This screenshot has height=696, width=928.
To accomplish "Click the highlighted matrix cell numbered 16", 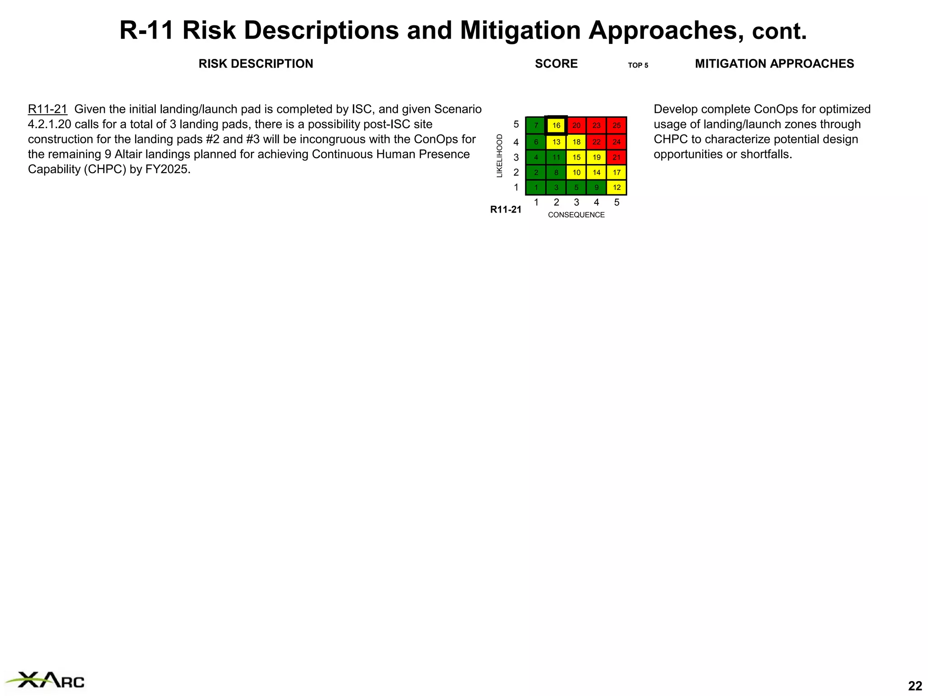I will pos(556,126).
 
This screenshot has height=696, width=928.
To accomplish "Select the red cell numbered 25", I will pos(616,126).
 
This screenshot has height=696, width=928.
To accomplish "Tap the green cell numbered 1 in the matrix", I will pos(536,187).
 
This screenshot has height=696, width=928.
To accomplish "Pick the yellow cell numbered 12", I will pos(616,187).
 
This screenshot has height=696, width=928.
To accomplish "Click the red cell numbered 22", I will pos(596,142).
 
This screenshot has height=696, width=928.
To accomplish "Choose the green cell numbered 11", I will pos(556,157).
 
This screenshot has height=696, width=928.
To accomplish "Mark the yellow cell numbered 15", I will pos(576,157).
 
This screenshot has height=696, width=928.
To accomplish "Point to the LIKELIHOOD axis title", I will pos(500,156).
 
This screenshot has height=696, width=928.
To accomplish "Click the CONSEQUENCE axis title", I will pos(576,215).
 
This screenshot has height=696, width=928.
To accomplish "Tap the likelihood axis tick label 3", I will pos(516,157).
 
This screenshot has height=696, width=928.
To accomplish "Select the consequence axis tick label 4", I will pos(596,202).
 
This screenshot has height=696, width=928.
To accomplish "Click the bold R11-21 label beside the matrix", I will pos(506,209).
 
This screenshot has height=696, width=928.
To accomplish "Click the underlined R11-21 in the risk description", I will pos(48,109).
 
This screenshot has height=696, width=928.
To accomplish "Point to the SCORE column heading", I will pos(556,64).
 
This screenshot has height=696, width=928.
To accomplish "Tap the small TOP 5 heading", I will pos(638,65).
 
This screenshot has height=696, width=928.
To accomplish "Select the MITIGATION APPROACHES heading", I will pos(774,64).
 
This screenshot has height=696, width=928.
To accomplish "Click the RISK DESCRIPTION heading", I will pos(256,64).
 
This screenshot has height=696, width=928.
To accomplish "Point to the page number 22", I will pos(915,686).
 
